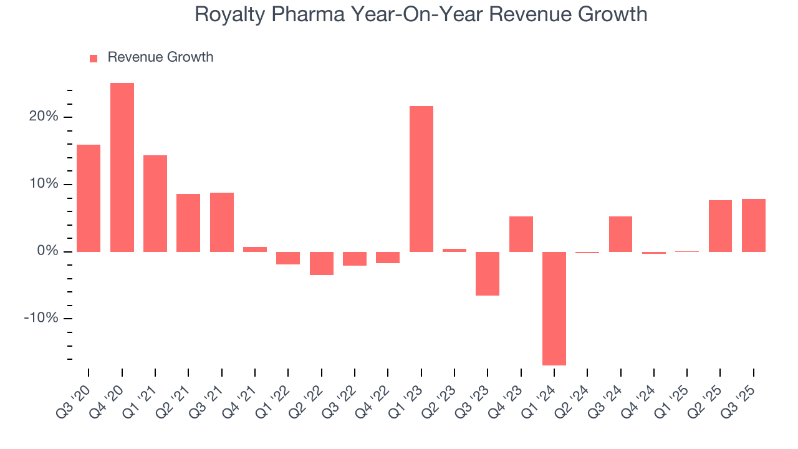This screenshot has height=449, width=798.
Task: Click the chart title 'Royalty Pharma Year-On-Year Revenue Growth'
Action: tap(421, 14)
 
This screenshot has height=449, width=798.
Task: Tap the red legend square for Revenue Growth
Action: tap(94, 58)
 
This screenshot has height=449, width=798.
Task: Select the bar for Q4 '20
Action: tap(122, 167)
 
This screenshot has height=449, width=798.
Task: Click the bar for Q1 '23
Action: tap(421, 179)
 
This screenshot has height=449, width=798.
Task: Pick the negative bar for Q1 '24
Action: tap(554, 308)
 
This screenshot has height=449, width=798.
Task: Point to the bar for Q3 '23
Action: tap(488, 273)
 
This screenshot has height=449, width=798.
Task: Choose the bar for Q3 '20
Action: tap(89, 198)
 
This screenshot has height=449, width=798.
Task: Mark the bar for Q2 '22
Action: tap(322, 263)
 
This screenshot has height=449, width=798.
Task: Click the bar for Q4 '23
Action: tap(521, 234)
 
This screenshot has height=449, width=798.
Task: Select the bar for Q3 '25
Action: tap(754, 225)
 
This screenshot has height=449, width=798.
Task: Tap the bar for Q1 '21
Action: tap(155, 203)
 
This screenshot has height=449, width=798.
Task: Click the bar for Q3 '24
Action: tap(621, 234)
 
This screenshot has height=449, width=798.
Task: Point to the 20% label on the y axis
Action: tap(44, 117)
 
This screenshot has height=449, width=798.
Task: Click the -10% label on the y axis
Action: tap(41, 319)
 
